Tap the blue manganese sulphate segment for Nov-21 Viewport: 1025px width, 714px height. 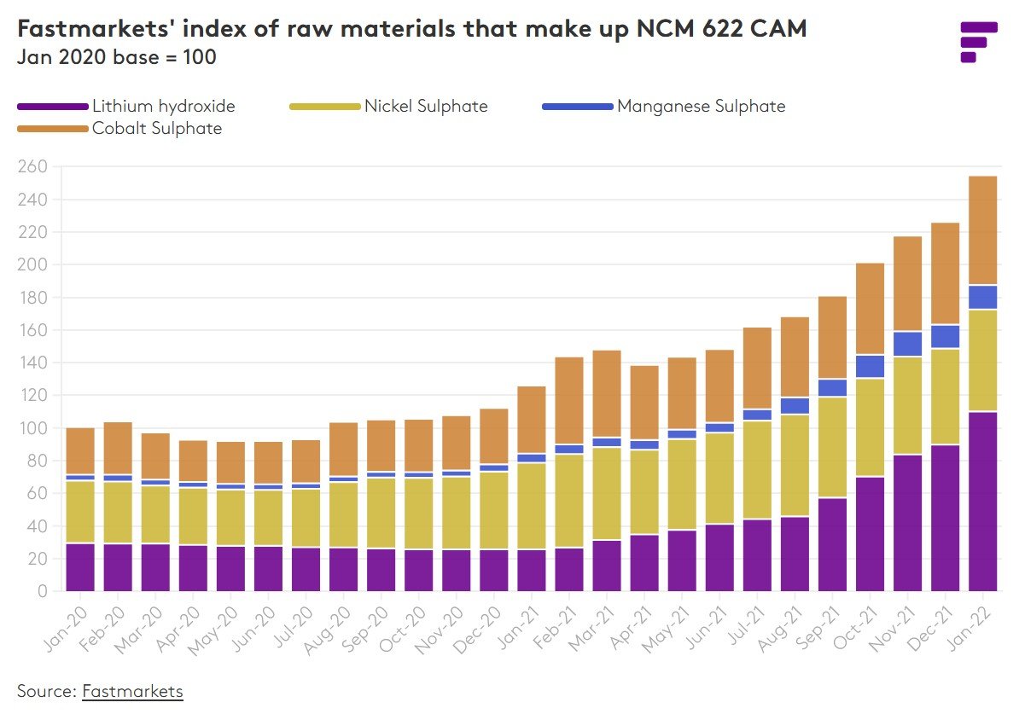pyautogui.click(x=907, y=344)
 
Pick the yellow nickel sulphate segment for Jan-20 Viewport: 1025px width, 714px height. pyautogui.click(x=80, y=512)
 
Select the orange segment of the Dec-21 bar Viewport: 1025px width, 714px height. pyautogui.click(x=945, y=274)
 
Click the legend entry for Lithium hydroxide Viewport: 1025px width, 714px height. pyautogui.click(x=163, y=107)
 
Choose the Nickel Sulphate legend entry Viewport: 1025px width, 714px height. pyautogui.click(x=425, y=107)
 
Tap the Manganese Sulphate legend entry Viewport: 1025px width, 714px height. pyautogui.click(x=700, y=107)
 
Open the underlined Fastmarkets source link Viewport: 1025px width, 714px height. pyautogui.click(x=132, y=690)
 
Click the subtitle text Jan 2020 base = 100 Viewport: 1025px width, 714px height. pyautogui.click(x=116, y=58)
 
